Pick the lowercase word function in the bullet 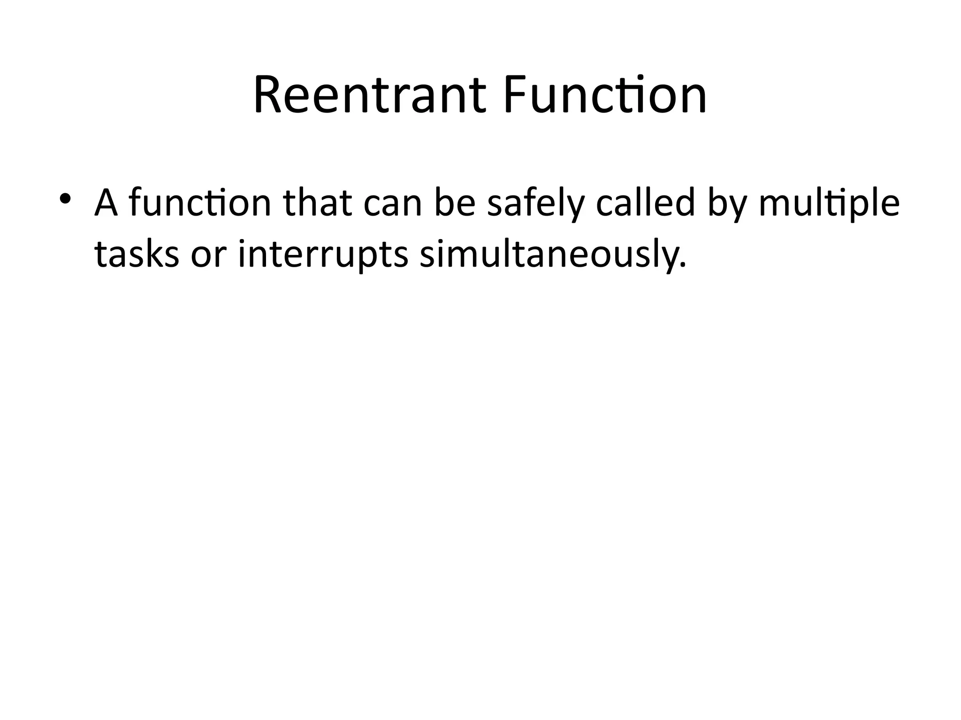tap(200, 202)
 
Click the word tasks tap(137, 254)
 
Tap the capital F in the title tap(515, 96)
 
